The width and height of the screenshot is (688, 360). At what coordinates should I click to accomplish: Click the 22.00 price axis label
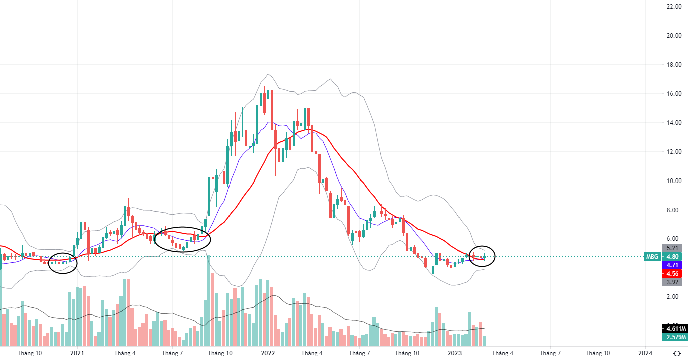pos(671,7)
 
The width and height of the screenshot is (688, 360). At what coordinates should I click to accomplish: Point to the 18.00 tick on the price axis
pos(671,65)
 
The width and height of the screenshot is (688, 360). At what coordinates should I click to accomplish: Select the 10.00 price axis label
pos(671,181)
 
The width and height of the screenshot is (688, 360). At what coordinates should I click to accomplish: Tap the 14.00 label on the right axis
pos(671,123)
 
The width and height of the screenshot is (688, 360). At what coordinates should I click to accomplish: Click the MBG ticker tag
pos(652,256)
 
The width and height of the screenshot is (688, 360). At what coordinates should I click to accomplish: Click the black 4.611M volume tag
pos(674,329)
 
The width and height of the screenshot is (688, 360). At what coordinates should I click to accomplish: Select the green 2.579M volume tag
pos(674,337)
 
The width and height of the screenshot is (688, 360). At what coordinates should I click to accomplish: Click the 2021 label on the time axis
pos(77,353)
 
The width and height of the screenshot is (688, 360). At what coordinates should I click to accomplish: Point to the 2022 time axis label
pos(267,353)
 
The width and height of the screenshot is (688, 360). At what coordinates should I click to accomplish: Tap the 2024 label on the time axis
pos(645,353)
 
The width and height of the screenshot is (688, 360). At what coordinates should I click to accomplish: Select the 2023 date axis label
pos(454,353)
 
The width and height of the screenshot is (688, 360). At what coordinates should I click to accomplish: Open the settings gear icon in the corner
pos(677,353)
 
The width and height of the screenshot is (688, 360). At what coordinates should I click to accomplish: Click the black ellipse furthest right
pos(482,256)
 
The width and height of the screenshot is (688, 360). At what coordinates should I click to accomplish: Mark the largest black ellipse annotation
pos(182,239)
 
